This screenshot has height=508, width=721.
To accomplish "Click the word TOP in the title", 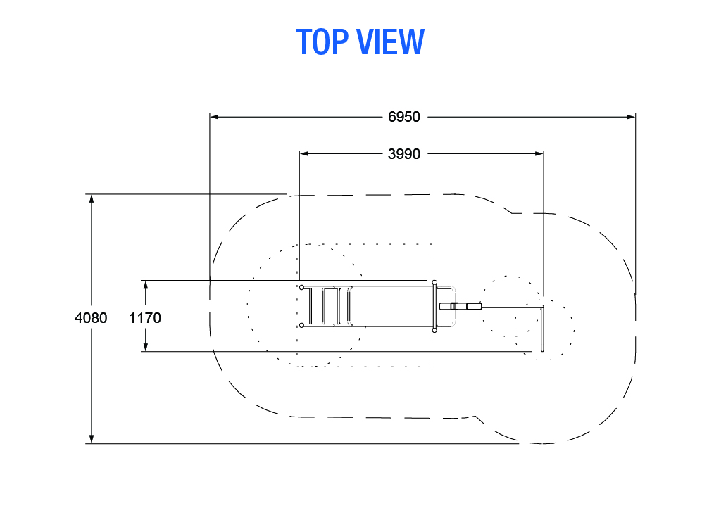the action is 322,42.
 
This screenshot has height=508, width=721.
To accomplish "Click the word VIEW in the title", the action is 390,42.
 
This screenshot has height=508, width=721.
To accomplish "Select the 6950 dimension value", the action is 403,117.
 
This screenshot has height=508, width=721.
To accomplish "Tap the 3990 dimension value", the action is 403,154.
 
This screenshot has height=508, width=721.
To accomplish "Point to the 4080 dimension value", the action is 91,318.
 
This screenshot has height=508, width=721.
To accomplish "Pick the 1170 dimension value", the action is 145,318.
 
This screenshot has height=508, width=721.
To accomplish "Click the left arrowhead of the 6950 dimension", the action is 214,117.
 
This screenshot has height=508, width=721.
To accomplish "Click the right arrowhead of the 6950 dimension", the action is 630,117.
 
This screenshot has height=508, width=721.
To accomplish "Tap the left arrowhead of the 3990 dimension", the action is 304,154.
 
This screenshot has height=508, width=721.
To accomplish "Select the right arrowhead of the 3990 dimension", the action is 539,154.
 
